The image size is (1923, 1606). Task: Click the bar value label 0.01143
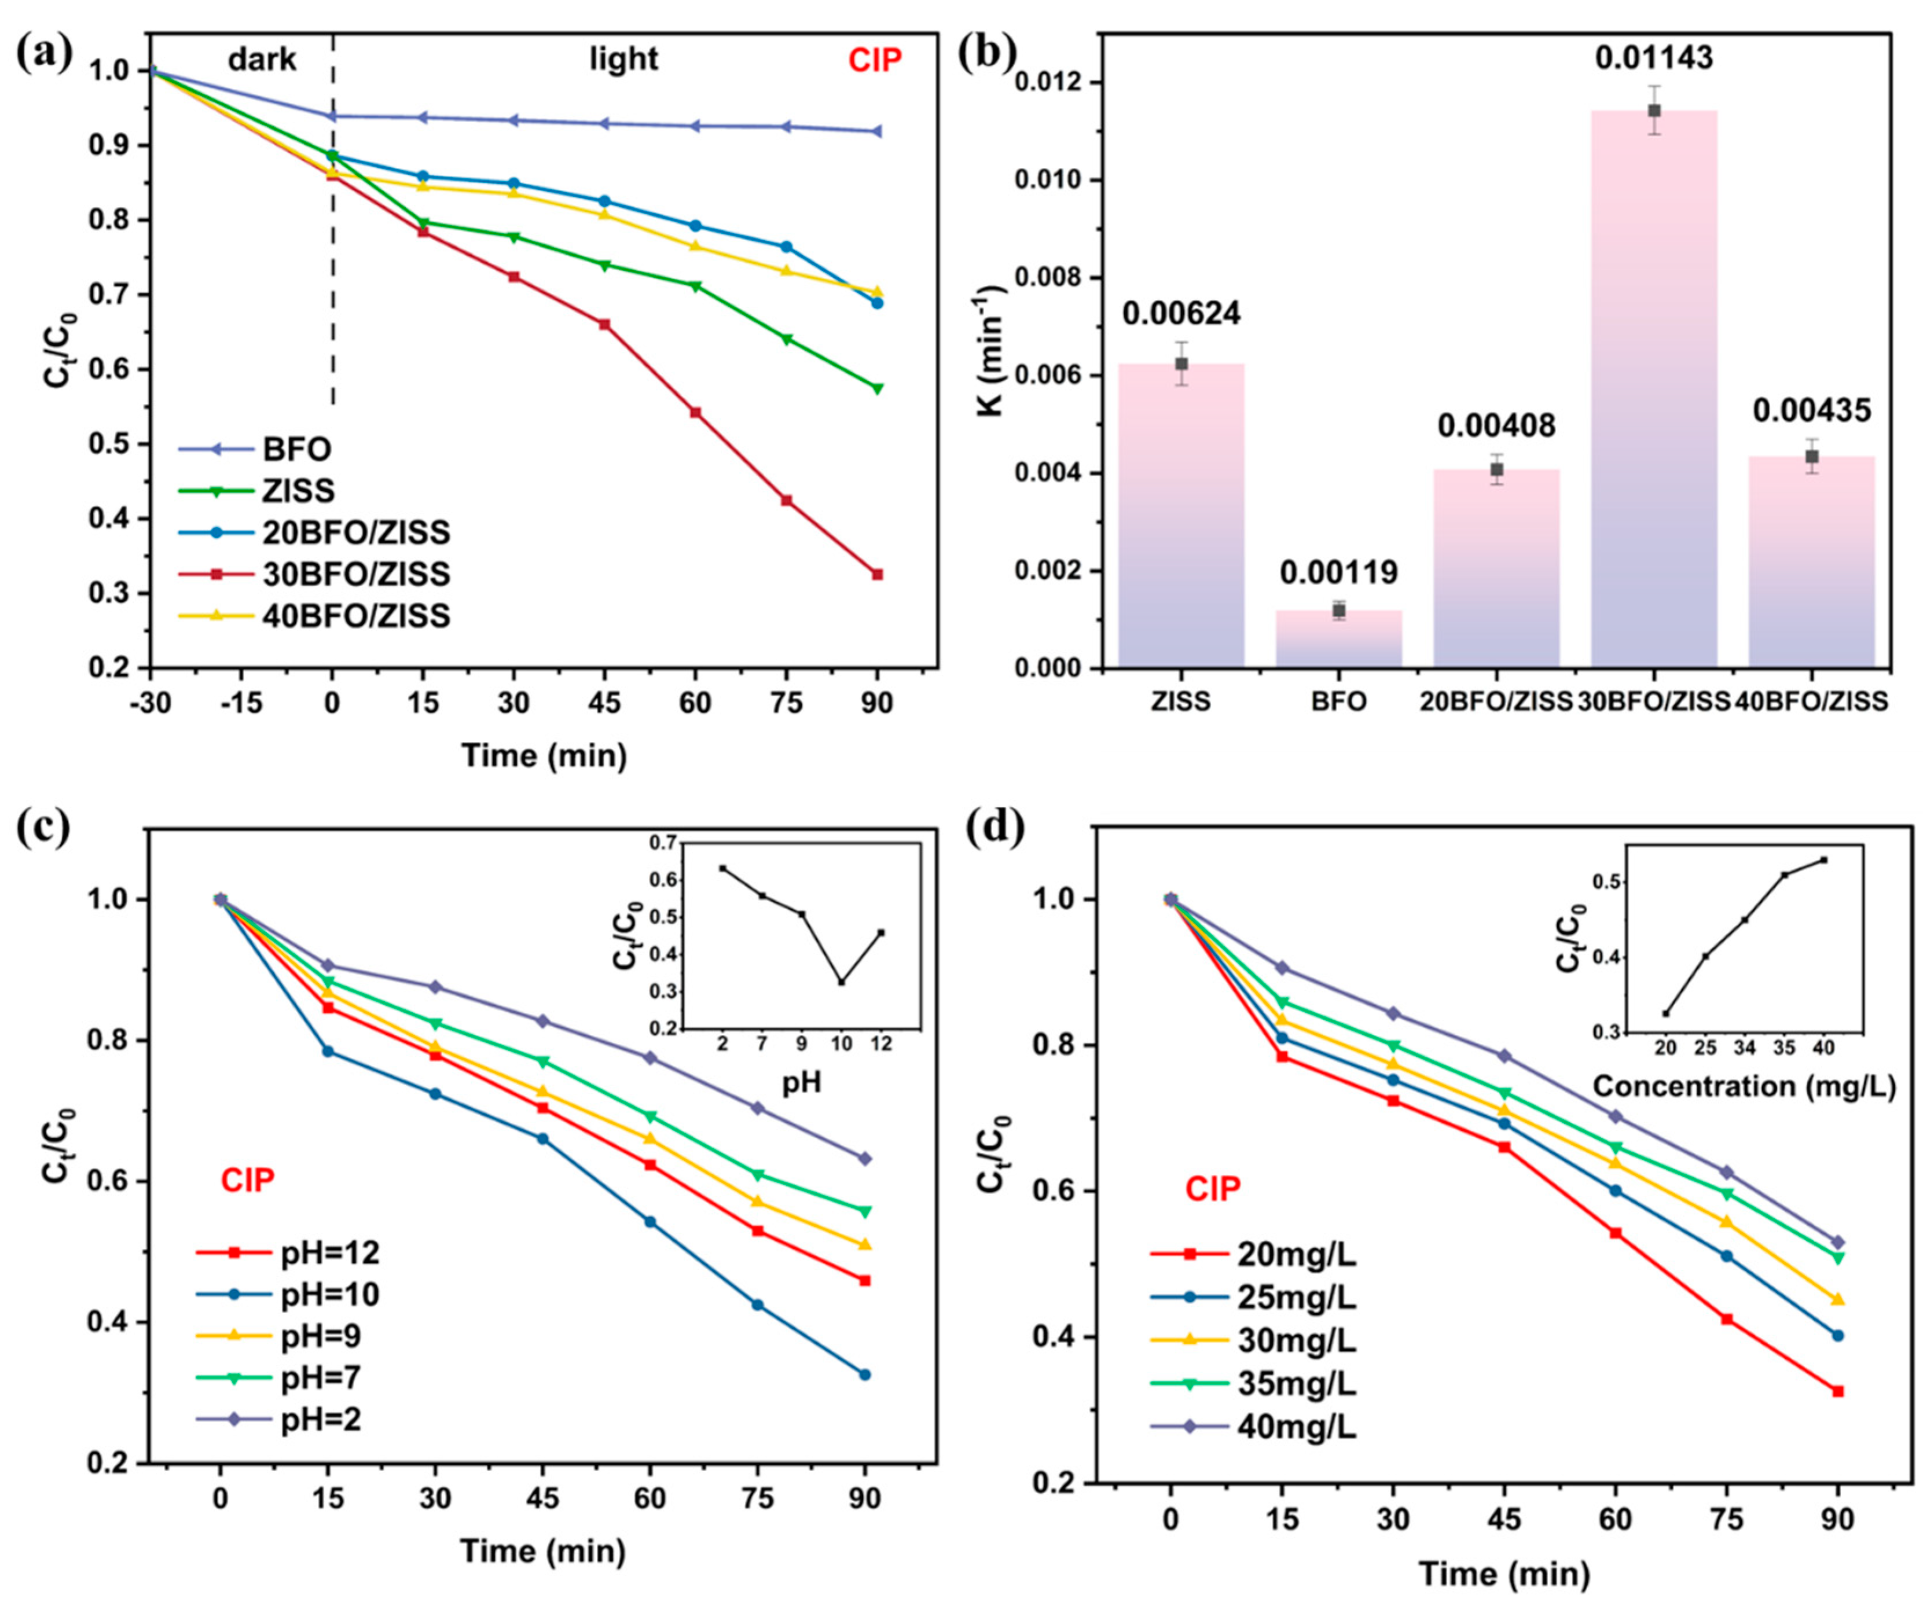(x=1653, y=58)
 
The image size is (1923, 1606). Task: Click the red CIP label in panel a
(x=875, y=60)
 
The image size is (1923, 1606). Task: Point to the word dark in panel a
(x=262, y=60)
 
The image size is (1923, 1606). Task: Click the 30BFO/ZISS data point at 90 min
(x=877, y=574)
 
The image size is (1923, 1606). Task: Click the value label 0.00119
(x=1339, y=573)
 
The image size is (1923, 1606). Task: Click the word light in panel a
(x=623, y=60)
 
